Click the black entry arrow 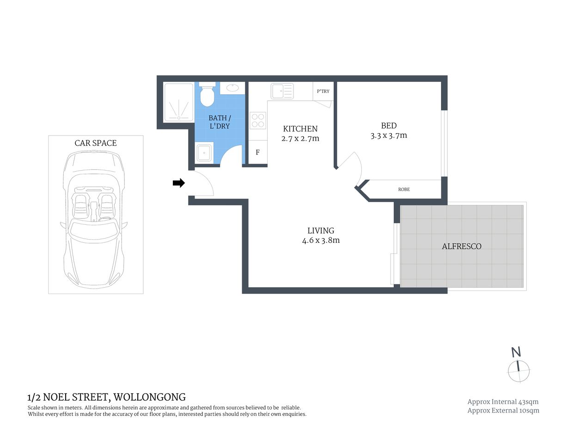click(x=178, y=183)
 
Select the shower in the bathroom click(x=178, y=102)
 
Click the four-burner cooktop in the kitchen click(x=258, y=121)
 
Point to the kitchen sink click(x=282, y=91)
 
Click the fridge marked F click(x=258, y=152)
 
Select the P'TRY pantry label click(x=323, y=91)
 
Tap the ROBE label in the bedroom click(x=404, y=189)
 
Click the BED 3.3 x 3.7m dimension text click(x=389, y=136)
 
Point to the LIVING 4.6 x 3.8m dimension click(x=321, y=240)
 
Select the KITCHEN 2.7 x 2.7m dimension click(x=300, y=138)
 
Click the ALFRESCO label click(x=462, y=247)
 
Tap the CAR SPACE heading click(x=96, y=143)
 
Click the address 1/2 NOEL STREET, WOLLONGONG click(x=107, y=397)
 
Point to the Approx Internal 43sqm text click(x=503, y=402)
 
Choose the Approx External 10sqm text click(x=503, y=410)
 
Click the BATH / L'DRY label click(x=220, y=122)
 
